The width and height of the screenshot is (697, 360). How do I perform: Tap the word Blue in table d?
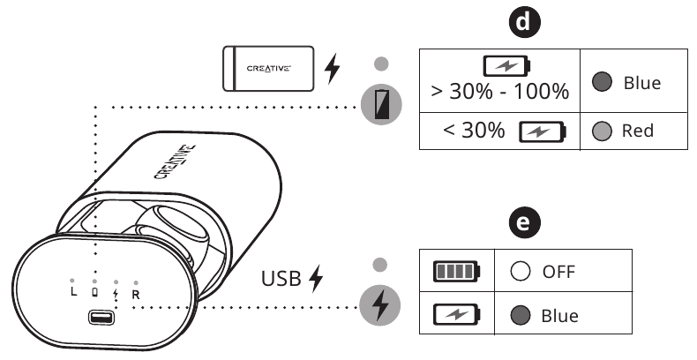pos(641,83)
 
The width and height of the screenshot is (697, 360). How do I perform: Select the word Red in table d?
pos(638,131)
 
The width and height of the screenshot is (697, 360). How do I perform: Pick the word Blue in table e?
pos(559,313)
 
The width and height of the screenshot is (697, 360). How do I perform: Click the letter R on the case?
pos(137,293)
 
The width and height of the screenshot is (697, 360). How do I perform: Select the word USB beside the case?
pos(281,280)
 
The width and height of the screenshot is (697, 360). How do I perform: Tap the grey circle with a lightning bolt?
pos(380,304)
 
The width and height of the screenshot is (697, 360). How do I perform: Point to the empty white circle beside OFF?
pos(519,271)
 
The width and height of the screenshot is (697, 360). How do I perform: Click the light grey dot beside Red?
pos(602,131)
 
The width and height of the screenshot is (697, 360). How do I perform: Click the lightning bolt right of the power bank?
pos(333,68)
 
